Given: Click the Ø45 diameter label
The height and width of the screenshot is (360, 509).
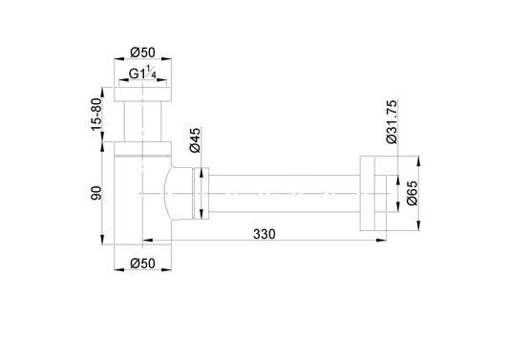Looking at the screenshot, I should click(x=194, y=143).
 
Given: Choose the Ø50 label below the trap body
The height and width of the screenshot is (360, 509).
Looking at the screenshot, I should click(x=142, y=264).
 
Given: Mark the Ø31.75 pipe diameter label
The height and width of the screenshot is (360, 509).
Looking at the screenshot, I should click(x=392, y=121).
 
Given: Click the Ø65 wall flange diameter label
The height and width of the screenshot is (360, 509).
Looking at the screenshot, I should click(x=412, y=197).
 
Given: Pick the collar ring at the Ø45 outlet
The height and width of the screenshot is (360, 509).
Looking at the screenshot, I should click(x=200, y=194).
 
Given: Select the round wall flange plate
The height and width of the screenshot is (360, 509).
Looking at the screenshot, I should click(x=368, y=194).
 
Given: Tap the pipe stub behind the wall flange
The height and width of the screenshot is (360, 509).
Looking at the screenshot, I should click(x=384, y=194).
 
